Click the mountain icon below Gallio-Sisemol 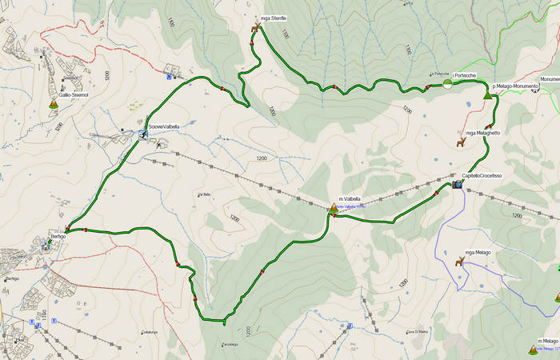point(54,103)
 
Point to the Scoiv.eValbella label point(164,126)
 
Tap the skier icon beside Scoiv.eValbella point(142,134)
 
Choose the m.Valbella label point(350,198)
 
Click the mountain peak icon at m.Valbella point(334,208)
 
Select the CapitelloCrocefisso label point(482,176)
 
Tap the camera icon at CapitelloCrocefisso point(457,185)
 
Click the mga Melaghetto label point(482,133)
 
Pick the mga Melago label point(478,252)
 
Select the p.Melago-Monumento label point(515,86)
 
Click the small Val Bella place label point(203,194)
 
